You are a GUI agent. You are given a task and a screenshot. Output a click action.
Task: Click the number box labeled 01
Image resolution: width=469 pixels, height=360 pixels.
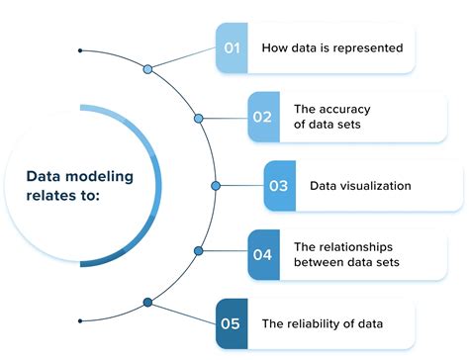pos(232,47)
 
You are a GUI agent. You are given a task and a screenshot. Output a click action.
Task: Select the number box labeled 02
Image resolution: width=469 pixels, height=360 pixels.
pos(262,116)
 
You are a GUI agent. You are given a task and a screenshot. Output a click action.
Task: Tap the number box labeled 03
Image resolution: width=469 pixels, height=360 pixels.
pos(279,185)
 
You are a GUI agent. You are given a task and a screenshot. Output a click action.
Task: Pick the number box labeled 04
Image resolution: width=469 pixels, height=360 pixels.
pos(262,254)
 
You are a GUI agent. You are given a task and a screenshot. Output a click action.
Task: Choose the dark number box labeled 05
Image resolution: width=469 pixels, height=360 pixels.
pos(232,322)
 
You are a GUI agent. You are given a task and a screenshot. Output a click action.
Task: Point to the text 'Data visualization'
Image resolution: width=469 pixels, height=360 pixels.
pos(360,185)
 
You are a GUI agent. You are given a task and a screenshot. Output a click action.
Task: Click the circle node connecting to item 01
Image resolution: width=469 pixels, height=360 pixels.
pos(147,69)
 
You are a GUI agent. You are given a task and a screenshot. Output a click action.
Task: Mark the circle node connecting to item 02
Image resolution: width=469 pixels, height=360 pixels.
pos(199,119)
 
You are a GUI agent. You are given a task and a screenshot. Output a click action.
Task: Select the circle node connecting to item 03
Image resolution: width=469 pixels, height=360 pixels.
pos(216,185)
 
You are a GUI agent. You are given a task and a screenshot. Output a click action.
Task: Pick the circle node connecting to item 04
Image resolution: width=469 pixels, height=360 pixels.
pos(199,251)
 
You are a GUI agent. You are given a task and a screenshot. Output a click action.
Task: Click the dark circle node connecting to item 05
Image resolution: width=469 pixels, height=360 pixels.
pos(147,302)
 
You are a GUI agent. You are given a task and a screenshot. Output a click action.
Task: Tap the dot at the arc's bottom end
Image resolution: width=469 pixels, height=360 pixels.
pos(80,320)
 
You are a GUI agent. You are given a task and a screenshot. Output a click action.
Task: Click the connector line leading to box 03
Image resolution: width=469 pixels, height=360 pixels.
pos(241,185)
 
